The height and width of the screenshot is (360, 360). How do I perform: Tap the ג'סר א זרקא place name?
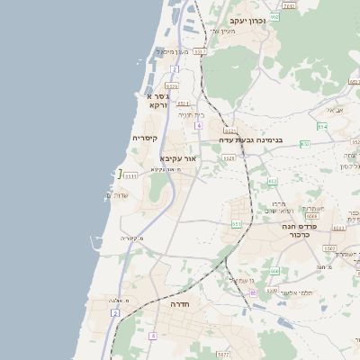pos(157,100)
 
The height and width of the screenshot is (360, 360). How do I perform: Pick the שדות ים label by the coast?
pos(118,197)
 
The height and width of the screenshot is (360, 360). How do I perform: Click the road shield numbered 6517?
pos(199,52)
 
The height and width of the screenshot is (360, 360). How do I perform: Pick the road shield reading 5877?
pos(224,355)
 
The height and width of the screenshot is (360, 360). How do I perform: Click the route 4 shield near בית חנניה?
pos(197,126)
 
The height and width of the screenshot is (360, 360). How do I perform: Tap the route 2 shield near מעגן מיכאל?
pos(173,67)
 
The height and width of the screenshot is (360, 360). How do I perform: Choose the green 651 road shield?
pos(236,224)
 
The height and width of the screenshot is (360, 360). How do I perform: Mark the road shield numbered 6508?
pos(311,216)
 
